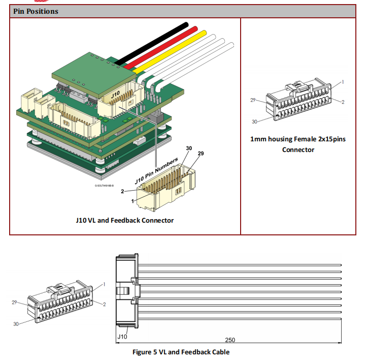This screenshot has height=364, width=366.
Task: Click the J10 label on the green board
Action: coord(115,95)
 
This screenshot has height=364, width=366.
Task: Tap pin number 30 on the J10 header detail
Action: coord(189,148)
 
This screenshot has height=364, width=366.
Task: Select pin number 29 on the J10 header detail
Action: coord(200,154)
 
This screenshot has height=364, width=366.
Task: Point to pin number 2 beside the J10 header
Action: coord(122,192)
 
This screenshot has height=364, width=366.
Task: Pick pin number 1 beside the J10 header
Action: coord(133,201)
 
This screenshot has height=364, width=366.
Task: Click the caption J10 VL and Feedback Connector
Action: coord(124,220)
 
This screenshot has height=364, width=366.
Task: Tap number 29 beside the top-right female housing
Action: coord(253,100)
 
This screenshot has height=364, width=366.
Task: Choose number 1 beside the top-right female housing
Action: coord(343,81)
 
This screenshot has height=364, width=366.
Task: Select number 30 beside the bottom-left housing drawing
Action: coord(16,323)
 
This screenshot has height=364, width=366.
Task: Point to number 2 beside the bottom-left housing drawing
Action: coord(104,304)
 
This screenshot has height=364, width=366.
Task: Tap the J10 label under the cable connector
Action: coord(122,337)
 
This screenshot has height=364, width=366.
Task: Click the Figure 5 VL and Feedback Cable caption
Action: coord(181,352)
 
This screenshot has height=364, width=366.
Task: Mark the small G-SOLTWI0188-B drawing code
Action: coord(104,186)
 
